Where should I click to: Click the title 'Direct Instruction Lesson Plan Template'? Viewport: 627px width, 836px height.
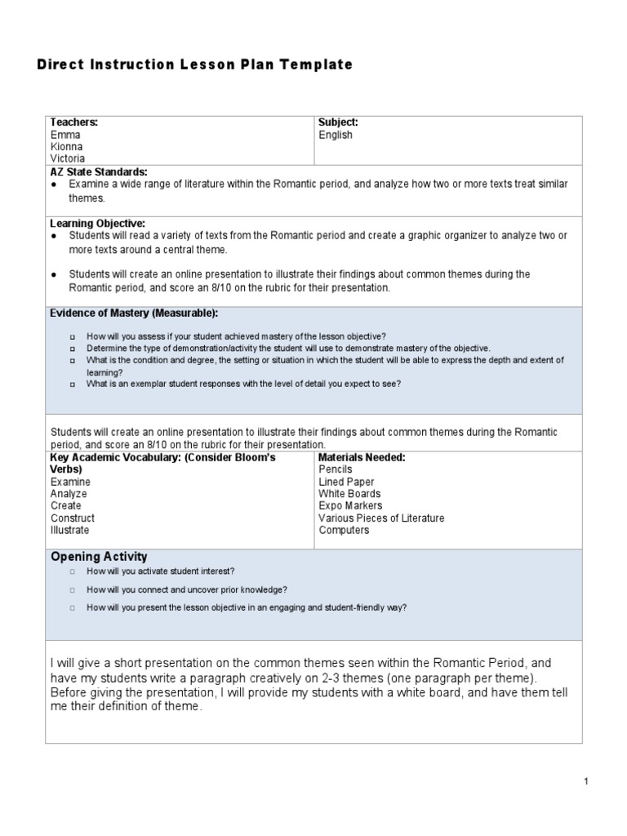pyautogui.click(x=194, y=64)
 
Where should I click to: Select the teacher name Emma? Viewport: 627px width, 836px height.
pyautogui.click(x=65, y=135)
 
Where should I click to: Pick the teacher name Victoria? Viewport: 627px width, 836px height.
pyautogui.click(x=68, y=158)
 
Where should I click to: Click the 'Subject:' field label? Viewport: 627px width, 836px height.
pyautogui.click(x=338, y=122)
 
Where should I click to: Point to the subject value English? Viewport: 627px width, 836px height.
pyautogui.click(x=336, y=135)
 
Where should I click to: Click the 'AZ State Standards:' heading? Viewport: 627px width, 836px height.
pyautogui.click(x=99, y=172)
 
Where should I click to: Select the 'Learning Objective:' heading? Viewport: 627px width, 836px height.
pyautogui.click(x=98, y=223)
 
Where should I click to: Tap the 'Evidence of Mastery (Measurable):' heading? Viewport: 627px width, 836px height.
pyautogui.click(x=135, y=313)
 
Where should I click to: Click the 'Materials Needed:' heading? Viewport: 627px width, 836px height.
pyautogui.click(x=362, y=457)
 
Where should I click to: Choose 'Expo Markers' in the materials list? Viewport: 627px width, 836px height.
pyautogui.click(x=349, y=506)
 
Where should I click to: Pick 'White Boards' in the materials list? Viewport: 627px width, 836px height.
pyautogui.click(x=349, y=494)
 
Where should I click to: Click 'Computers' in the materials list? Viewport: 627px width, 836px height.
pyautogui.click(x=344, y=530)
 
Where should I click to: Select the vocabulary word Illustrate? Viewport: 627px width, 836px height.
pyautogui.click(x=71, y=530)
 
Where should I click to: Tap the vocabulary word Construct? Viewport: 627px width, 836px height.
pyautogui.click(x=73, y=518)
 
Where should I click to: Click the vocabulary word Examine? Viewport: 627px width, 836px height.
pyautogui.click(x=70, y=482)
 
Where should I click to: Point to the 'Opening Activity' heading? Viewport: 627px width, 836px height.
pyautogui.click(x=99, y=557)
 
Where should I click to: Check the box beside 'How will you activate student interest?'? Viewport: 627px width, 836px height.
pyautogui.click(x=73, y=571)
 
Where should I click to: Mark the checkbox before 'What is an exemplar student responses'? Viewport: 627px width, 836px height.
pyautogui.click(x=73, y=384)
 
